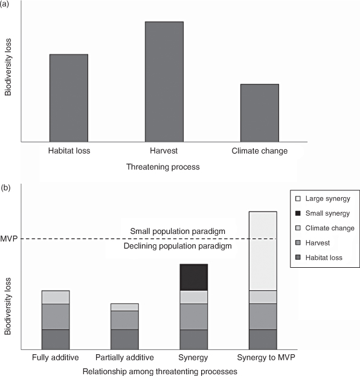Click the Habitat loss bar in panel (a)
coord(69,98)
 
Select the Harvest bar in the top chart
coord(164,82)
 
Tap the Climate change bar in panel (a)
coord(260,113)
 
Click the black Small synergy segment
coord(194,277)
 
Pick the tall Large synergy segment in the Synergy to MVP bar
coord(263,251)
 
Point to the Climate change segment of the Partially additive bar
coord(124,307)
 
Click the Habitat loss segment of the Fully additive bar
coord(56,340)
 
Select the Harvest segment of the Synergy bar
coord(194,317)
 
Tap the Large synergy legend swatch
coord(298,198)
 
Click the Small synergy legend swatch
coord(298,213)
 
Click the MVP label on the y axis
coord(9,239)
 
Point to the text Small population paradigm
coord(178,231)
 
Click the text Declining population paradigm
coord(178,246)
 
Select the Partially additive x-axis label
coord(124,357)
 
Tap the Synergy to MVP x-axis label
coord(266,357)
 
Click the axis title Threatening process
coord(163,167)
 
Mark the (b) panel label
coord(5,188)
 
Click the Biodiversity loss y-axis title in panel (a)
coord(8,67)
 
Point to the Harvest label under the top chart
coord(164,151)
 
